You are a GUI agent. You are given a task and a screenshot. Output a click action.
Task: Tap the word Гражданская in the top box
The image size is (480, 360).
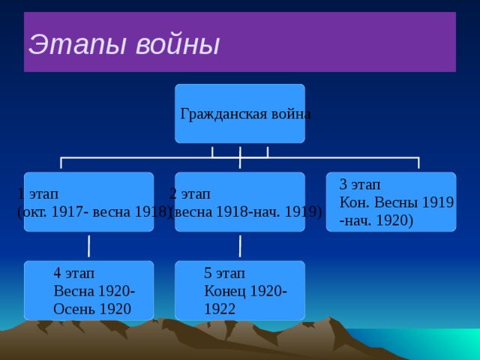pyautogui.click(x=218, y=115)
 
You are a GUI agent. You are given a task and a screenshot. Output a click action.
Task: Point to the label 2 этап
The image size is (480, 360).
pyautogui.click(x=190, y=193)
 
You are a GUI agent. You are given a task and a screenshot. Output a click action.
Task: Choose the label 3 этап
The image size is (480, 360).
pyautogui.click(x=360, y=184)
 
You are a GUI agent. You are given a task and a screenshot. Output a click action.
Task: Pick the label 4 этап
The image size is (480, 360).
pyautogui.click(x=73, y=273)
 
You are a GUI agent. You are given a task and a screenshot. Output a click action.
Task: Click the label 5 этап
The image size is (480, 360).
pyautogui.click(x=224, y=273)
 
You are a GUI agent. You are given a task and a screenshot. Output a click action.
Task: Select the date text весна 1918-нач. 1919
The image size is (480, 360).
pyautogui.click(x=247, y=211)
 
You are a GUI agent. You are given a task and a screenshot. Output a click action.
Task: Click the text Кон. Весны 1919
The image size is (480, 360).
pyautogui.click(x=396, y=202)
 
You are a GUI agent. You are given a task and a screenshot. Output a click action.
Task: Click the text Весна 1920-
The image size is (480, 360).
pyautogui.click(x=94, y=291)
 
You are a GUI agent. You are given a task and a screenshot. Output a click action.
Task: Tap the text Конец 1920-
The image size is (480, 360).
pyautogui.click(x=245, y=291)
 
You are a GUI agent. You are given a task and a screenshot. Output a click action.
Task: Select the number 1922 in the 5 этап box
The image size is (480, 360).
pyautogui.click(x=220, y=309)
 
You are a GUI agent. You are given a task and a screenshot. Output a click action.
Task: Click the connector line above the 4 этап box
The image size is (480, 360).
pyautogui.click(x=89, y=245)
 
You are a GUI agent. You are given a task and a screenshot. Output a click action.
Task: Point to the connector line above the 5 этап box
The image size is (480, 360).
pyautogui.click(x=240, y=245)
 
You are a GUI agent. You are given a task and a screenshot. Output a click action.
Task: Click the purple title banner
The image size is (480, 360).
pyautogui.click(x=337, y=42)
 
